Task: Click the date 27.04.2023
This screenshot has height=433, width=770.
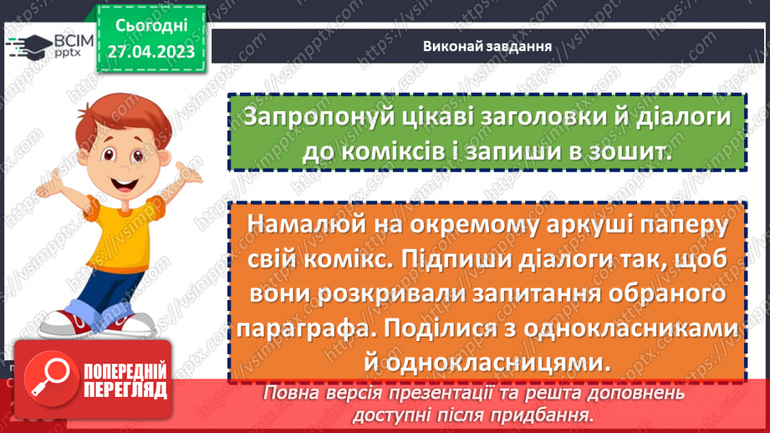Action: coord(151,51)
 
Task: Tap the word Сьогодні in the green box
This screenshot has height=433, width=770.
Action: coord(151,26)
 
